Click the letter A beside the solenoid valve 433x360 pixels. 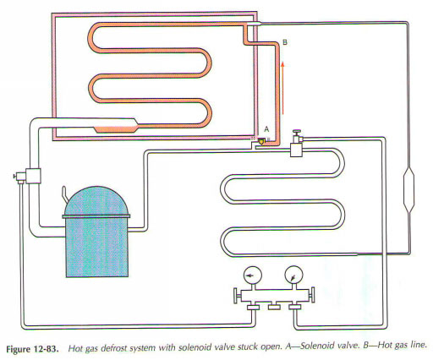[266, 129]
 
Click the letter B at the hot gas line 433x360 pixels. [285, 42]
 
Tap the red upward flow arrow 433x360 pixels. [282, 89]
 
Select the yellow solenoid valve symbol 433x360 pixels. [262, 141]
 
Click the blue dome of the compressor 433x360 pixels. [96, 200]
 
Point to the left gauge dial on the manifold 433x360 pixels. [252, 275]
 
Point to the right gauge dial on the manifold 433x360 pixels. [293, 275]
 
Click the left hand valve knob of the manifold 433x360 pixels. [237, 296]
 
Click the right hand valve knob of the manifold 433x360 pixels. [311, 295]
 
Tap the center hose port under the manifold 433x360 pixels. [274, 306]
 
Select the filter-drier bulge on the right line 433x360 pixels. [409, 189]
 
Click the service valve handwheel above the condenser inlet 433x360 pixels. [297, 132]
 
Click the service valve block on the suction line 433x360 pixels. [33, 176]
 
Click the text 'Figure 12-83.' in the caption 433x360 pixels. [33, 349]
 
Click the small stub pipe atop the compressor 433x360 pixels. [64, 194]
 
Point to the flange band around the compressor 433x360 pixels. [96, 216]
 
